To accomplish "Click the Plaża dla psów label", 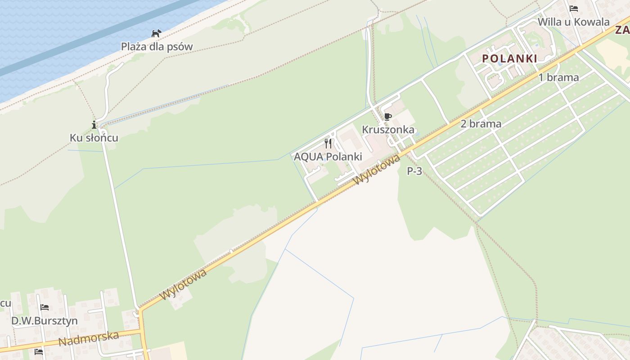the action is [x=157, y=46].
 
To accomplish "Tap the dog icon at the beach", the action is [x=156, y=33].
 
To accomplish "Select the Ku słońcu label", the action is [x=94, y=138].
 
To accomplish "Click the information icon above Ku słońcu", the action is [x=94, y=125].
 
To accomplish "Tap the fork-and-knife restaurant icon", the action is [x=328, y=144].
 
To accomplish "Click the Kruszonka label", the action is [x=388, y=130].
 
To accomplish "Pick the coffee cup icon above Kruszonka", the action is [x=387, y=117].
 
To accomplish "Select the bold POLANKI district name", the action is [x=509, y=58].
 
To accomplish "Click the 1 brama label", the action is [x=558, y=77].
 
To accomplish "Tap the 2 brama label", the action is [x=481, y=124].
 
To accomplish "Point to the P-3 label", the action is [x=414, y=171].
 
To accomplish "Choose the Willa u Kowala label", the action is [x=573, y=22].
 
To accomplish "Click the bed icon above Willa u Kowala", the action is [x=573, y=8].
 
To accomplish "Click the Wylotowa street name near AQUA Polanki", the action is [x=377, y=170].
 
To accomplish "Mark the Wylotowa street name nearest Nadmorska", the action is [x=184, y=284].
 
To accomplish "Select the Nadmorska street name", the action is [x=88, y=339].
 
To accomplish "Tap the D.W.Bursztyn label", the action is [x=44, y=321].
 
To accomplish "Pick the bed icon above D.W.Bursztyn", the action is [x=44, y=307].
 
